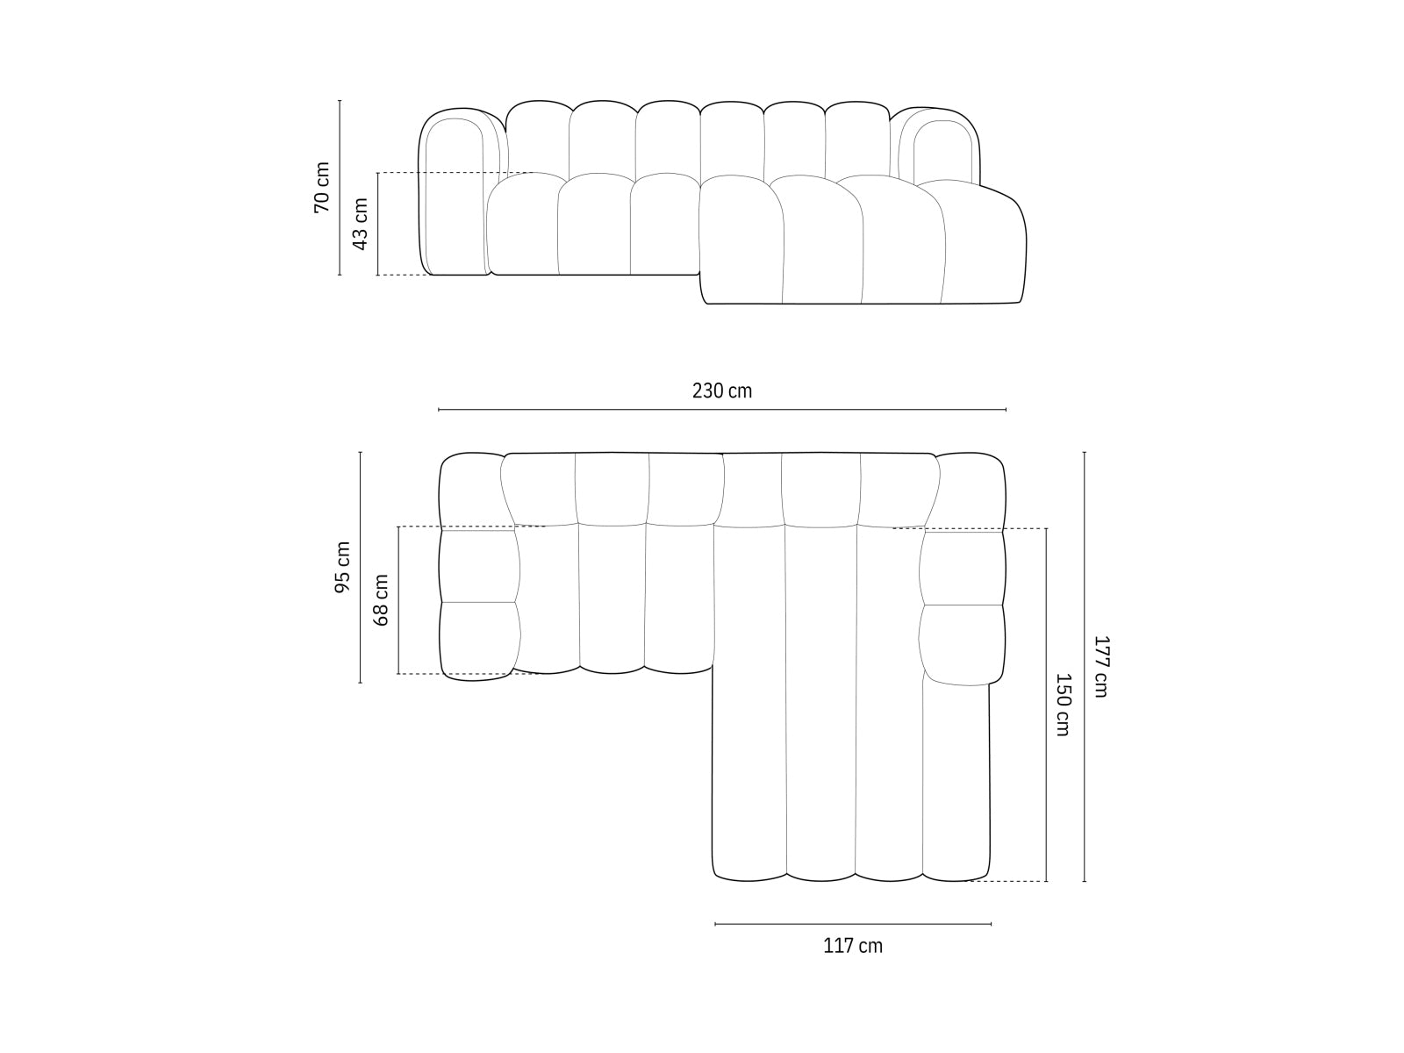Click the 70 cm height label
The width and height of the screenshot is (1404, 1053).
322,187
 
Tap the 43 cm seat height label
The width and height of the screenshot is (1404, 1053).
360,224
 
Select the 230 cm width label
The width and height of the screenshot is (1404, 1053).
721,390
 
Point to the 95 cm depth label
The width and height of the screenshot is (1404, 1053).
342,567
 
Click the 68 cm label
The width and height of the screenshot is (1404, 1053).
381,599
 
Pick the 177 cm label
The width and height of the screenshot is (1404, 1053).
1100,666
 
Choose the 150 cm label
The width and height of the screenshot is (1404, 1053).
1062,704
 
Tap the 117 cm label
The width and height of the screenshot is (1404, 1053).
853,946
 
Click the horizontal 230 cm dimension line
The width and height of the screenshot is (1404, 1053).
721,410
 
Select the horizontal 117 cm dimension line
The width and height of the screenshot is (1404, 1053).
853,923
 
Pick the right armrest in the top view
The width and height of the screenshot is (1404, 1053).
963,605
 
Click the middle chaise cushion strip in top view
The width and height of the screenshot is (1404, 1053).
820,702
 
